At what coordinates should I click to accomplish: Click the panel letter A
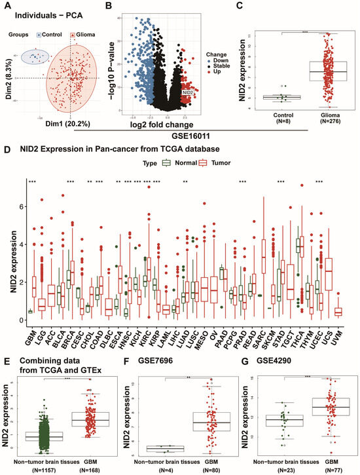(x=5, y=5)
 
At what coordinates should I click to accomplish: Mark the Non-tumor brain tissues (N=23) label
(x=283, y=465)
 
